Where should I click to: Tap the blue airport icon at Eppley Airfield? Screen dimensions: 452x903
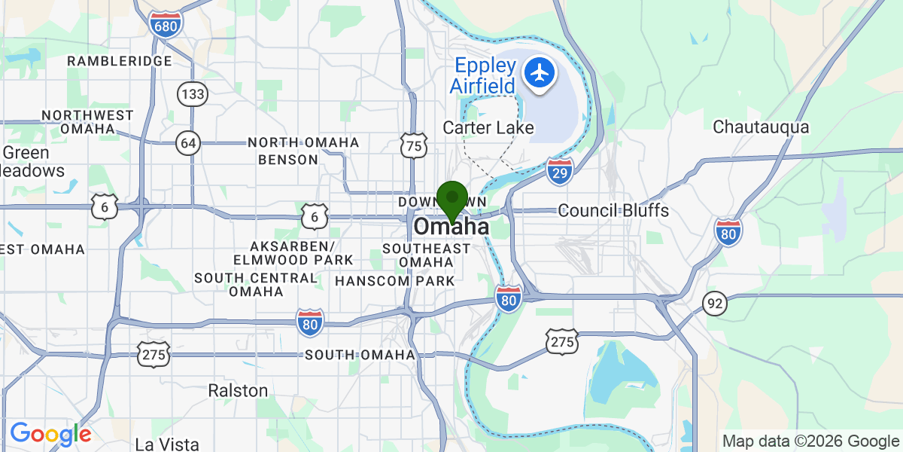pos(540,73)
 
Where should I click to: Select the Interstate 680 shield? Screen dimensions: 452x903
pos(164,26)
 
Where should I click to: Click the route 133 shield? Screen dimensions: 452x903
pos(192,94)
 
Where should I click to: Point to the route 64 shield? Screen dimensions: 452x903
pos(188,143)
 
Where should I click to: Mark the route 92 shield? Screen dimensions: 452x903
pos(715,304)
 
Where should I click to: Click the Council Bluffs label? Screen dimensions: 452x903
pos(613,210)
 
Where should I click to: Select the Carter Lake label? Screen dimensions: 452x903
pos(488,127)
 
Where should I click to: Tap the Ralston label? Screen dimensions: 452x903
pos(238,390)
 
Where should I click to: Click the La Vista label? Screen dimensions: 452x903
pos(167,443)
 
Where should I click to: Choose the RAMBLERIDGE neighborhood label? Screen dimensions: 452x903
pos(120,60)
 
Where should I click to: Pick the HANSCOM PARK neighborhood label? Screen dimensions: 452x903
pos(395,281)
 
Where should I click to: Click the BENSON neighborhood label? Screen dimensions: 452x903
pos(288,160)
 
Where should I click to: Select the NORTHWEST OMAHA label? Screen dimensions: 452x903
pos(87,122)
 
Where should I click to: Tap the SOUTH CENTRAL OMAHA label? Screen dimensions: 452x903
pos(256,284)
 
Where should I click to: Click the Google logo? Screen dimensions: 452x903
pos(50,434)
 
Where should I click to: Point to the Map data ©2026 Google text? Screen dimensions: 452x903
pos(810,441)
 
